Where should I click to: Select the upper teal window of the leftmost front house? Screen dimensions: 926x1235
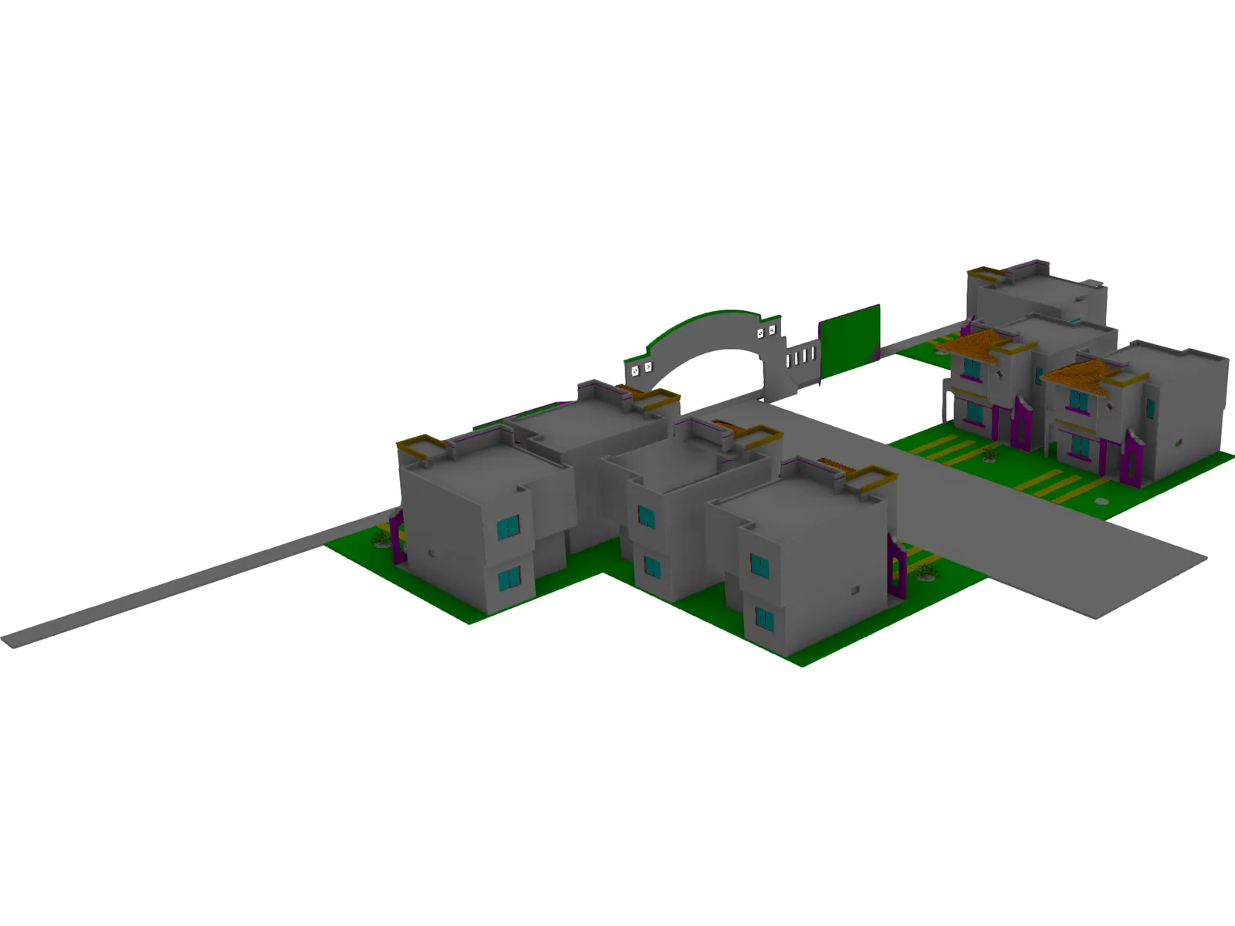point(508,527)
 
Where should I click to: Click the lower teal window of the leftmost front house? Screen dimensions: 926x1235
point(509,577)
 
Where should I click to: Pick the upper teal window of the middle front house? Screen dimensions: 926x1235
point(645,516)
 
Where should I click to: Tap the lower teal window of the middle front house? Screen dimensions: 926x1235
point(652,567)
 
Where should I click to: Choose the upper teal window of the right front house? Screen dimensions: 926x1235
point(760,566)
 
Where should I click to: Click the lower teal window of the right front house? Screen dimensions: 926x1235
point(763,617)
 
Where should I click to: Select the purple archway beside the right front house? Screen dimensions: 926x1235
point(897,567)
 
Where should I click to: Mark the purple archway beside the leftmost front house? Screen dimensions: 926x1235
point(398,536)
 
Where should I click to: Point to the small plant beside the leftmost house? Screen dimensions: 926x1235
point(381,536)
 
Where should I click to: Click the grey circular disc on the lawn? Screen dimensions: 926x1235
point(1102,501)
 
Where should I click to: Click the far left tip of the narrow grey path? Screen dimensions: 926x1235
point(9,642)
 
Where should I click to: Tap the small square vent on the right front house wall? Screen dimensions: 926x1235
point(854,590)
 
